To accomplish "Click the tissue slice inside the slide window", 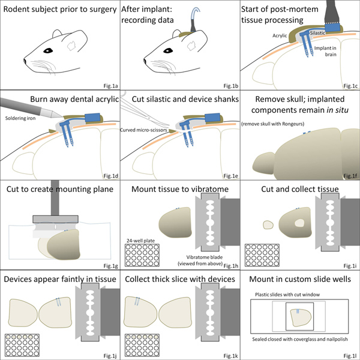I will point(301,318).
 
